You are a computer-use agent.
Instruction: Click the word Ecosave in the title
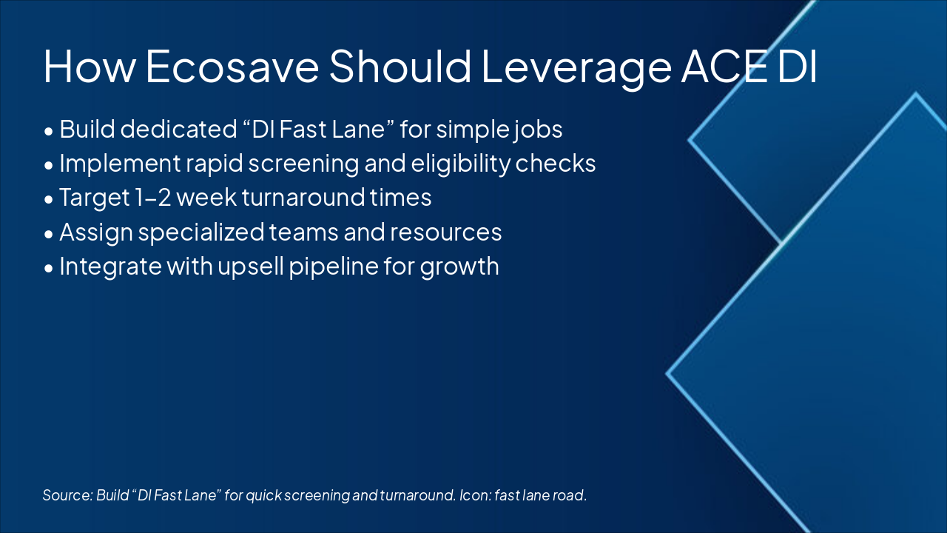pyautogui.click(x=232, y=67)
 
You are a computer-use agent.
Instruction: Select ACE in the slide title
pyautogui.click(x=726, y=67)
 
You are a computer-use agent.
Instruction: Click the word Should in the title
pyautogui.click(x=400, y=66)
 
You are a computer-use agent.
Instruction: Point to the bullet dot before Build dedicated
pyautogui.click(x=49, y=132)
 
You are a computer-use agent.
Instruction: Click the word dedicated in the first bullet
pyautogui.click(x=178, y=129)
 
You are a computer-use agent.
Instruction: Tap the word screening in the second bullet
pyautogui.click(x=303, y=164)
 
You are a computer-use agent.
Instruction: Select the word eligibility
pyautogui.click(x=460, y=164)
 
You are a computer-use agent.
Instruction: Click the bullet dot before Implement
pyautogui.click(x=49, y=166)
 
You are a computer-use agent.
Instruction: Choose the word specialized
pyautogui.click(x=201, y=232)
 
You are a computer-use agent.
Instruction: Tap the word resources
pyautogui.click(x=445, y=232)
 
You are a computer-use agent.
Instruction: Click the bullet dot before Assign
pyautogui.click(x=49, y=235)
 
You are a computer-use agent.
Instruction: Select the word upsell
pyautogui.click(x=251, y=267)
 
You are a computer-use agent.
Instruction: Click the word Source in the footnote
pyautogui.click(x=67, y=495)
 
